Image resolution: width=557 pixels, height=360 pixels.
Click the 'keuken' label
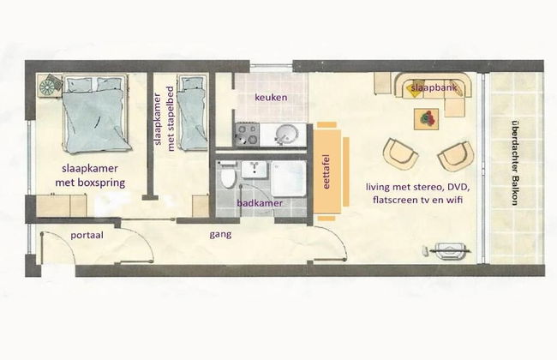point(271,98)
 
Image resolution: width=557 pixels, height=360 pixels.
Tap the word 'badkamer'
point(260,203)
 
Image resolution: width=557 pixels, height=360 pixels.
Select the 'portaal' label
point(87,235)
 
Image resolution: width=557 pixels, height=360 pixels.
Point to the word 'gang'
point(220,235)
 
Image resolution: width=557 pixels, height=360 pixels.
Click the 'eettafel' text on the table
point(326,171)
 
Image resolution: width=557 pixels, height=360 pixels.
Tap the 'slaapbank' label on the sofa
point(434,87)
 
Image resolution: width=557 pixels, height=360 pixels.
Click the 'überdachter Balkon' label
point(515,163)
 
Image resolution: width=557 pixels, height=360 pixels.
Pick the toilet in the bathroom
point(227,175)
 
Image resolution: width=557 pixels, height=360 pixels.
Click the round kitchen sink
point(287,135)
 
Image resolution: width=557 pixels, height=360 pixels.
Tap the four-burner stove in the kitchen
point(247,135)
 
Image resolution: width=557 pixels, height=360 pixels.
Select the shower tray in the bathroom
point(289,178)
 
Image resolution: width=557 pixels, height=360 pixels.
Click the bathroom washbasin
point(255,170)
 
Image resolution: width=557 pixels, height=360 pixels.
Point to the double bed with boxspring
point(95,113)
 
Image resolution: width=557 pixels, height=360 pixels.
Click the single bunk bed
point(192,112)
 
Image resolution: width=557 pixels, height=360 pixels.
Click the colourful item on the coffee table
point(427,118)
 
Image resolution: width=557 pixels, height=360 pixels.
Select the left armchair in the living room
point(400,155)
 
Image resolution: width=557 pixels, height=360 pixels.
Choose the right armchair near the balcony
point(456,156)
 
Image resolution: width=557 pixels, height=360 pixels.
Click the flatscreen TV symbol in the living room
point(449,251)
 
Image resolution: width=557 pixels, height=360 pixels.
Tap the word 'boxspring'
point(105,183)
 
